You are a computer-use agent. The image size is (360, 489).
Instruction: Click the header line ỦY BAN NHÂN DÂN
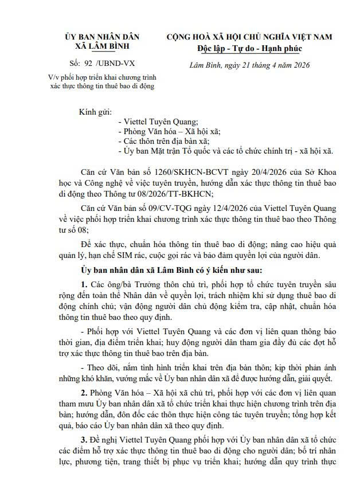102,37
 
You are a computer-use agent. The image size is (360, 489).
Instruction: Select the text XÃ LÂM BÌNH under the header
102,46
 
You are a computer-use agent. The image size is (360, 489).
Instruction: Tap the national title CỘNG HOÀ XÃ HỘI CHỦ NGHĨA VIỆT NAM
249,37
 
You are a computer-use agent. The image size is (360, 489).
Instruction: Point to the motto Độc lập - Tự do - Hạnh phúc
249,48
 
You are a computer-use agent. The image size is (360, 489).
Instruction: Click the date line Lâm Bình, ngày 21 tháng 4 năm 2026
249,65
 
